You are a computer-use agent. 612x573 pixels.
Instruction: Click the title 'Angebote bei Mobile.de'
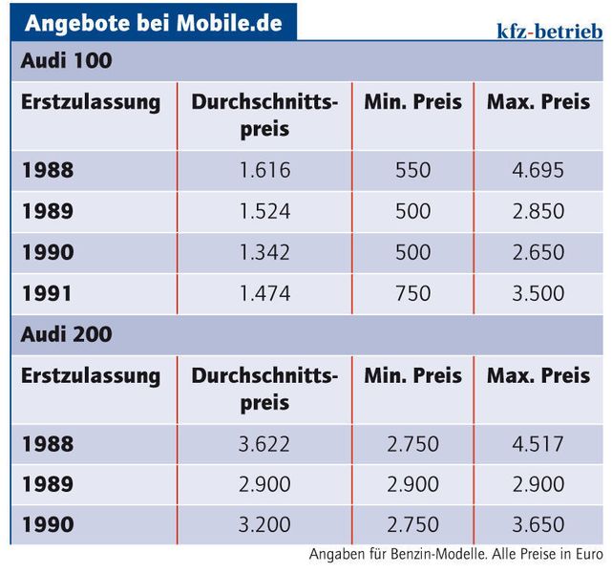click(154, 22)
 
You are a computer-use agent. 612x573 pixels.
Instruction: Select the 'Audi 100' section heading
click(66, 61)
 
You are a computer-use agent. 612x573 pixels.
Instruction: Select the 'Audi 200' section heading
click(66, 335)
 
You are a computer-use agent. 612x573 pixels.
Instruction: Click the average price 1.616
click(264, 170)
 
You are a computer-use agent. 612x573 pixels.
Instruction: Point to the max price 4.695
click(538, 170)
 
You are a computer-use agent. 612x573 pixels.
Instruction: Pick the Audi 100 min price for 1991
click(412, 294)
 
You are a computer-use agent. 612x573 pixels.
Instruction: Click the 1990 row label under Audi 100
click(48, 253)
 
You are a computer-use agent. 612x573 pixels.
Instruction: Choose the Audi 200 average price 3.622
click(264, 444)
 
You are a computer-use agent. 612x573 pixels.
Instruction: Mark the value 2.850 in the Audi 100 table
click(538, 211)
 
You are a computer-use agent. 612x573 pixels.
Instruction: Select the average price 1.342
click(264, 253)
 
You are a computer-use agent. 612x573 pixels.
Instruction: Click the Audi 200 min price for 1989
click(412, 485)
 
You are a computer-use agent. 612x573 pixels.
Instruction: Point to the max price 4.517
click(538, 444)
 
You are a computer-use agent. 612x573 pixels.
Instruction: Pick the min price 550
click(412, 170)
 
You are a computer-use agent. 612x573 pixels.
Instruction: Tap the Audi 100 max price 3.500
click(538, 294)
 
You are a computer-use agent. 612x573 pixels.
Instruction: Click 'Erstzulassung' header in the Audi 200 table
click(91, 376)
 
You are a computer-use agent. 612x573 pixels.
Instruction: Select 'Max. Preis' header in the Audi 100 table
click(538, 102)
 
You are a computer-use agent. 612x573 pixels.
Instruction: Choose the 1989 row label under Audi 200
click(48, 485)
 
